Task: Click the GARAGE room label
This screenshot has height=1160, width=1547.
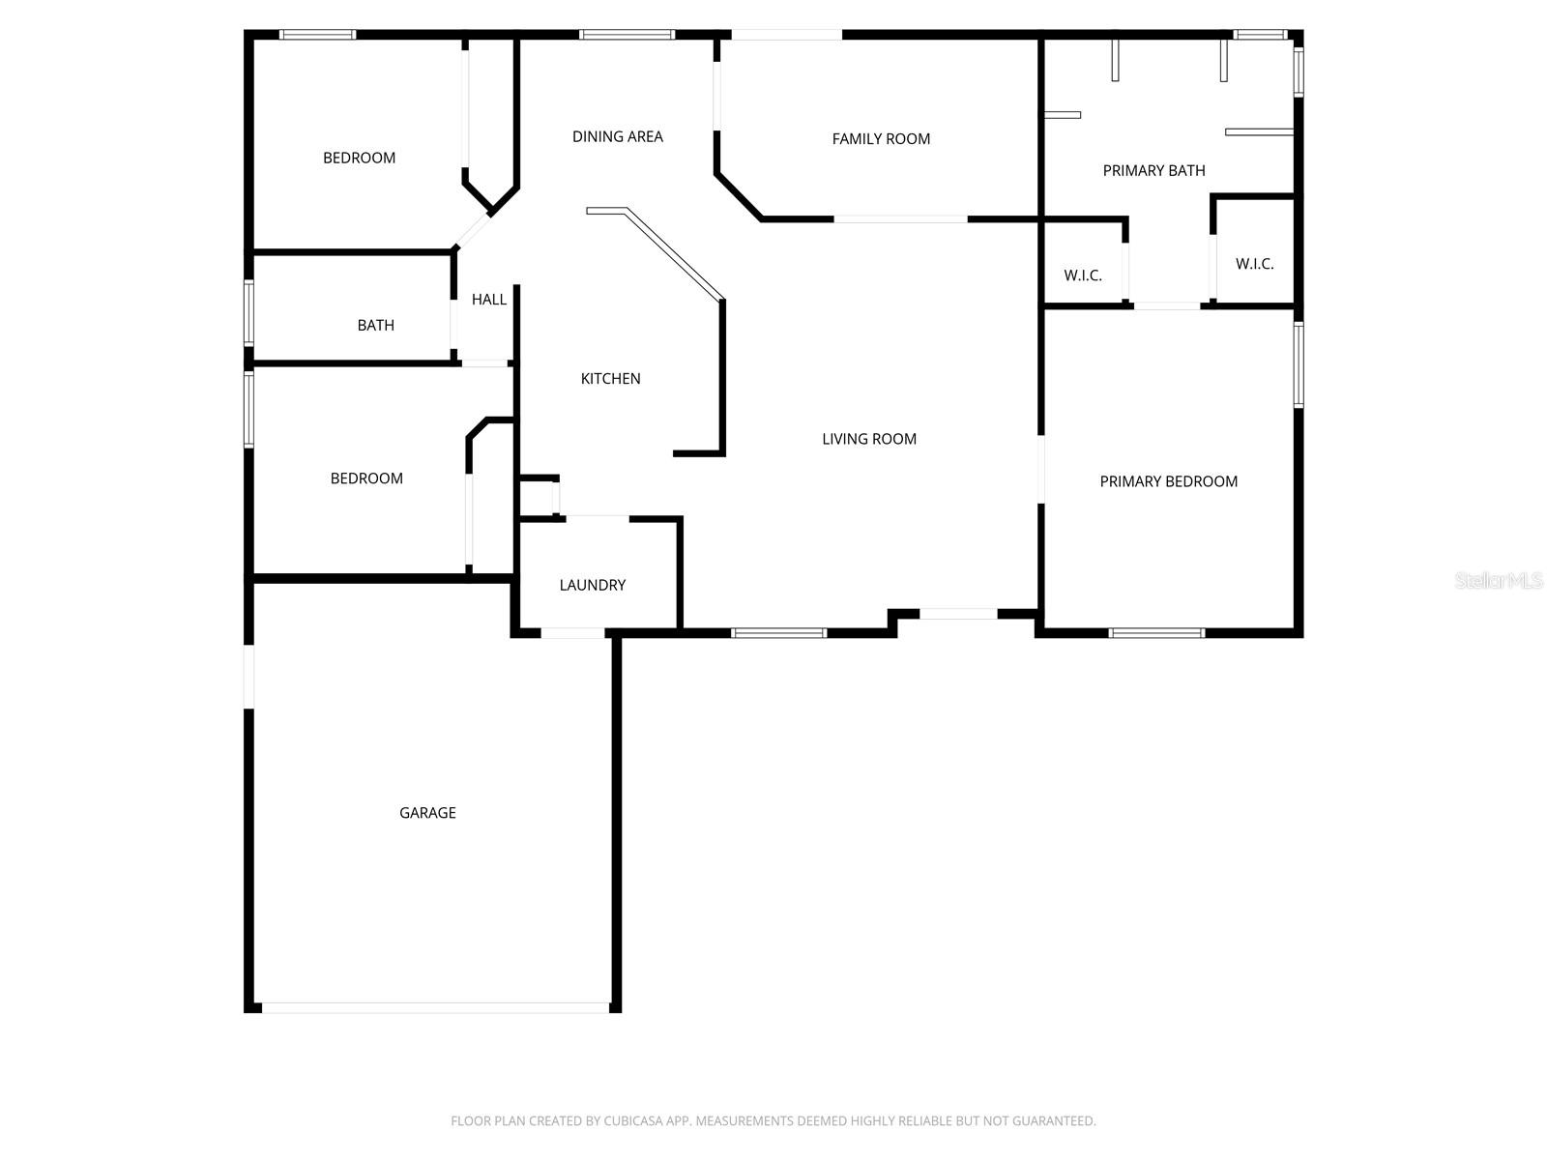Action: point(427,813)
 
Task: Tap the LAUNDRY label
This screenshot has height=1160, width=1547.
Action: point(592,585)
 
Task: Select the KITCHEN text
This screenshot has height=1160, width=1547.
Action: point(610,379)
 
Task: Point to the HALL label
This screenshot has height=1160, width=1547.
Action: point(488,300)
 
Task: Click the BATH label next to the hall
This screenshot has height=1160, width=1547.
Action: point(375,326)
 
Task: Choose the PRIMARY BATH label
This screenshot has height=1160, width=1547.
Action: point(1153,171)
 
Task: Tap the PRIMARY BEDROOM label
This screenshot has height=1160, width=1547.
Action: point(1168,481)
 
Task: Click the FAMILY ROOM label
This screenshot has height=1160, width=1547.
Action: point(881,139)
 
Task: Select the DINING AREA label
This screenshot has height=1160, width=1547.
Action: point(617,137)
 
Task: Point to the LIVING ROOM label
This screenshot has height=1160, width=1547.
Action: point(868,439)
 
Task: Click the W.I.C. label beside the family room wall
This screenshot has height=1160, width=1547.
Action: point(1083,275)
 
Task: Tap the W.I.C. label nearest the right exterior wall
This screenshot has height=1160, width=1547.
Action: point(1254,264)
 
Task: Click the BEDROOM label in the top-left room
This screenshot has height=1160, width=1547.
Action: point(359,159)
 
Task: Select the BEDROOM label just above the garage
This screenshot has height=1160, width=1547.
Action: point(366,478)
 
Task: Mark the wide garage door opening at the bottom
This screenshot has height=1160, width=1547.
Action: point(435,1007)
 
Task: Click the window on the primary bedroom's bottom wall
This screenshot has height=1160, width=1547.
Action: point(1155,633)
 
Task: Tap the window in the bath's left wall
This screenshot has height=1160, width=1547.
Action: point(248,312)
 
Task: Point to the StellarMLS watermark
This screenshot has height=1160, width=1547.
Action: point(1498,580)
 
